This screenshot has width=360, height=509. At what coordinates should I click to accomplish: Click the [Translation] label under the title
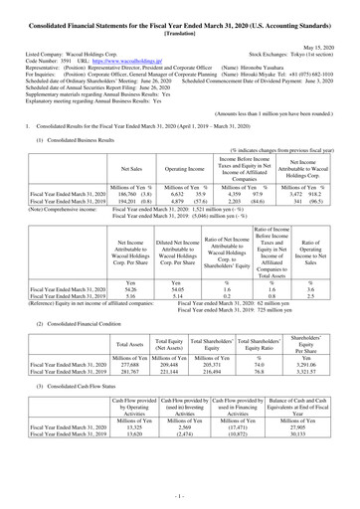179,28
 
